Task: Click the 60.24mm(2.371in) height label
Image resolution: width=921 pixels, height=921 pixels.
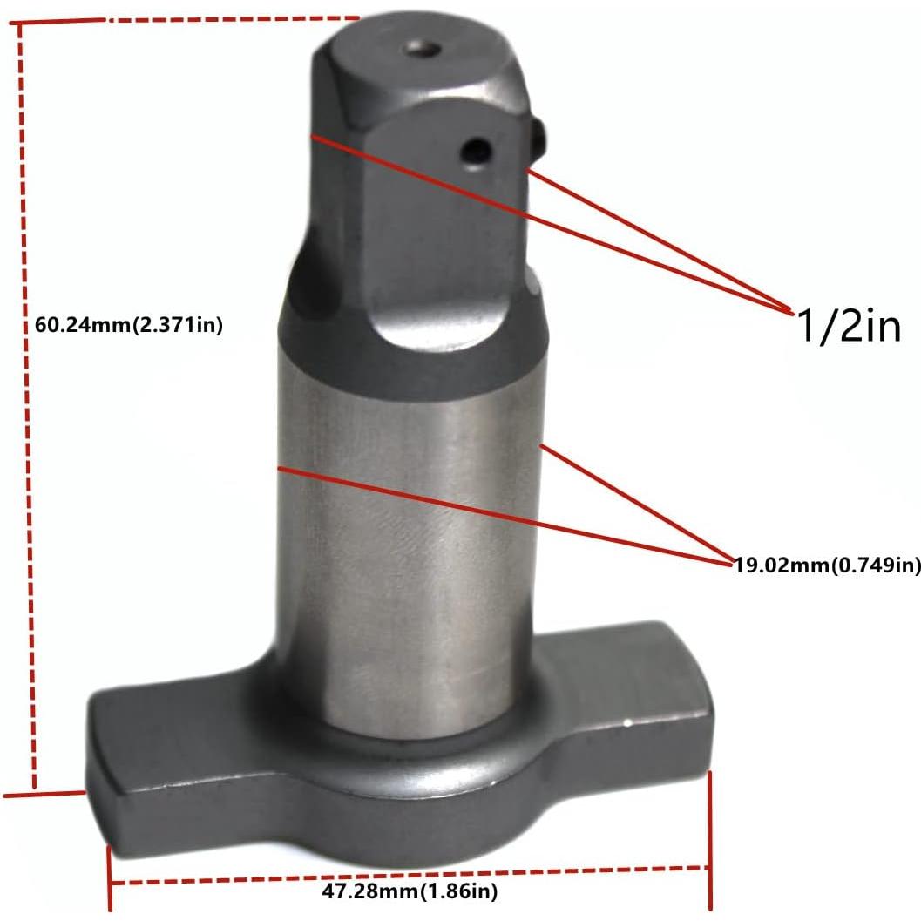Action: [129, 327]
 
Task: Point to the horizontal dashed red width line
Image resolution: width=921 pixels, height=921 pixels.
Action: [410, 874]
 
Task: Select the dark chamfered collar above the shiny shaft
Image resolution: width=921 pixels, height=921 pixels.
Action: [410, 357]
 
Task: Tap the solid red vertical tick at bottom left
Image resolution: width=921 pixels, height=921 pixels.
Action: [109, 880]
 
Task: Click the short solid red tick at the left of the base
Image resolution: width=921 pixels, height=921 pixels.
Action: [44, 794]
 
